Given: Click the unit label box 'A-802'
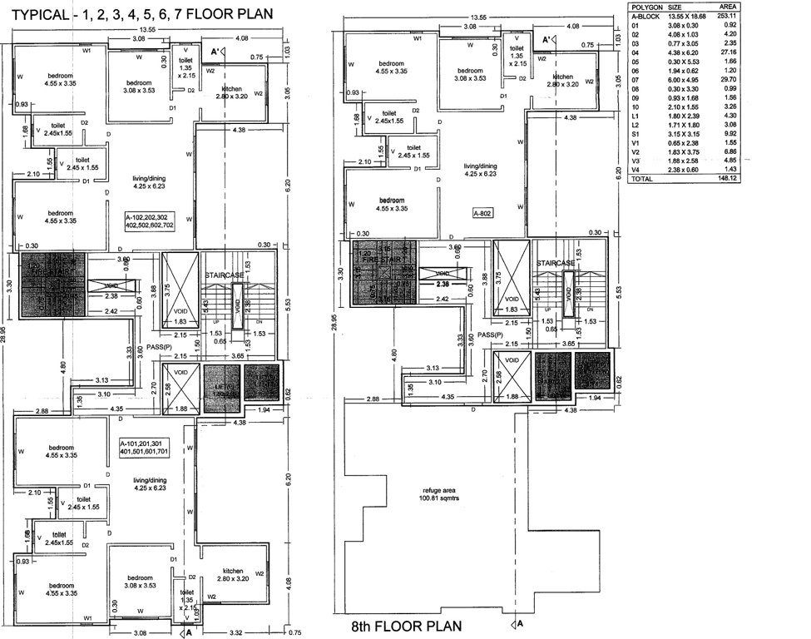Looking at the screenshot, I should click(x=484, y=213).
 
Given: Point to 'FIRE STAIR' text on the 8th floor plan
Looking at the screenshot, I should click(x=383, y=259).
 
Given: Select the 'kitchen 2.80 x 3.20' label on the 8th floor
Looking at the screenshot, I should click(x=562, y=81).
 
